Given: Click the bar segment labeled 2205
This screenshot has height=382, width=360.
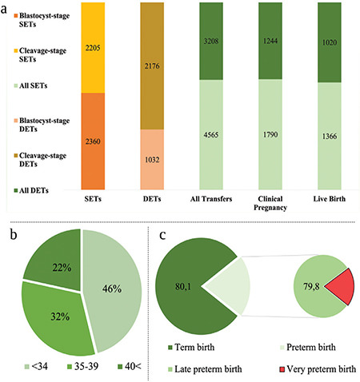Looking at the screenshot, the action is pos(93,48).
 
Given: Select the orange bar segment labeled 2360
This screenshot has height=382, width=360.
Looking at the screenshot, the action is pos(93,141).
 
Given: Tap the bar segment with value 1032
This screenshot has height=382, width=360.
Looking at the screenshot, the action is pos(152,160).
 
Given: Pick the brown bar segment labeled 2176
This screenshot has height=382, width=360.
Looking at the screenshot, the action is pos(152,66).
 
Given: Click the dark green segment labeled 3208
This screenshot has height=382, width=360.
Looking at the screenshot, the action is pos(211,41).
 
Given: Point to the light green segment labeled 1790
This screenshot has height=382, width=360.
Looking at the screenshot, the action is pos(270,134).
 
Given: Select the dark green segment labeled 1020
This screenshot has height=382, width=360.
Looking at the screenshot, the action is pos(330,42).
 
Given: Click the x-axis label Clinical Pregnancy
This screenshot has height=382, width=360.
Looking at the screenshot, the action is pos(270,203).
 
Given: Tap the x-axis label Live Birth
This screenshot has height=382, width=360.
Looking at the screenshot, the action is pos(330,199).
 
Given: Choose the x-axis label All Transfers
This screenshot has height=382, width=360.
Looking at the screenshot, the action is pos(211,199).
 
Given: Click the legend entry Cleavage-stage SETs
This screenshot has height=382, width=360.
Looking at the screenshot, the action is pos(40,55).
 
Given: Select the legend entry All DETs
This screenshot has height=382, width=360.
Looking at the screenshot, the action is pos(31,190).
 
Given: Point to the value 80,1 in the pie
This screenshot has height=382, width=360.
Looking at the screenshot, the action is pos(183,287).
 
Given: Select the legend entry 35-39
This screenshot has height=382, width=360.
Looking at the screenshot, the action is pos(83,367).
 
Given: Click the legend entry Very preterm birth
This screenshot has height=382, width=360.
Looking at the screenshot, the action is pos(318,369).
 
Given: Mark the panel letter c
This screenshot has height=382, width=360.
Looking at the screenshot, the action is pos(162,236).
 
